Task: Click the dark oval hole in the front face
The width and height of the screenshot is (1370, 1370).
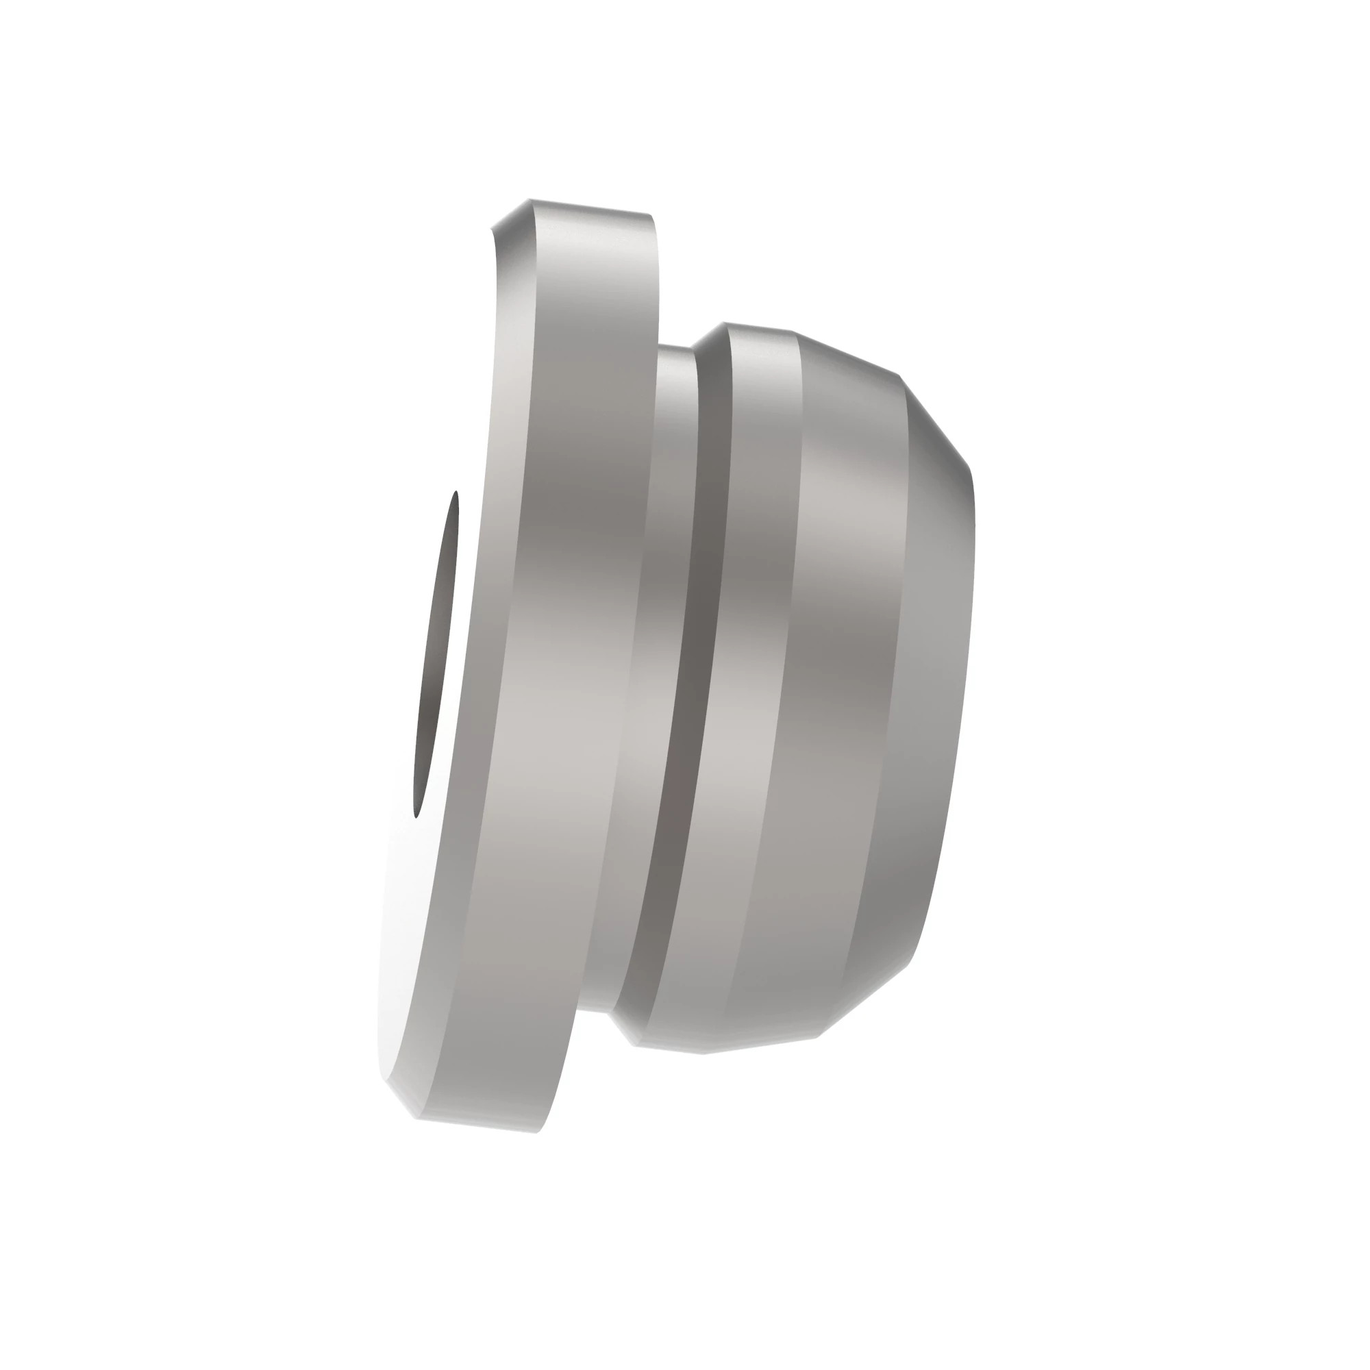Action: tap(436, 652)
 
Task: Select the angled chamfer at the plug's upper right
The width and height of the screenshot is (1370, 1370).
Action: tap(936, 419)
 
